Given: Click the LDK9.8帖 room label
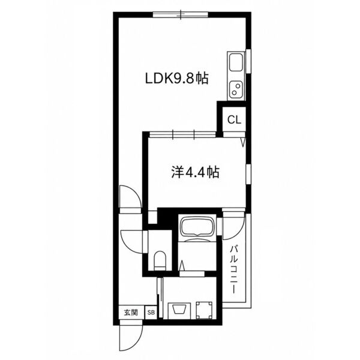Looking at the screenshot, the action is [177, 79].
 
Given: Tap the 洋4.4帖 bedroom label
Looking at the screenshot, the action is [196, 172].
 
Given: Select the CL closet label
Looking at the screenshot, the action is [234, 119].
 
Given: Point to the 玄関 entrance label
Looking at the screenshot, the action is [131, 313].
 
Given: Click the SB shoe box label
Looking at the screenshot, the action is [151, 313].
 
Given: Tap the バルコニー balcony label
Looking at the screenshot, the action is [234, 269].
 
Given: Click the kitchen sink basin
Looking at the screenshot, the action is [236, 62].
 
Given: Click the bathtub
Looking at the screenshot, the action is [197, 226].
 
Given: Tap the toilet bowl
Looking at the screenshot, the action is [160, 260].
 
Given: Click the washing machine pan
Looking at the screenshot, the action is [205, 310].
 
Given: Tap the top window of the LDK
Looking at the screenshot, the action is [181, 14].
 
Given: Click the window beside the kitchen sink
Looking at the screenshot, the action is [248, 61].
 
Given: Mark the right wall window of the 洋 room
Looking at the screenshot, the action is [248, 174].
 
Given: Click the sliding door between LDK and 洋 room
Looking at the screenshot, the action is [182, 134].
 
